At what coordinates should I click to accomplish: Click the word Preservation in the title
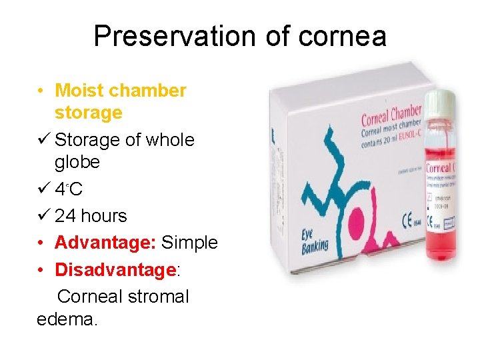tap(173, 35)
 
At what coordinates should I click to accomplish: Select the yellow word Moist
tap(79, 90)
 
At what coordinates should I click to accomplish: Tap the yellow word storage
tap(88, 113)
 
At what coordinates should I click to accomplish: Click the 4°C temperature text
tap(69, 190)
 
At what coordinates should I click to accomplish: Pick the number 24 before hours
tap(65, 216)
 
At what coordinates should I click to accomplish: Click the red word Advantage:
tap(105, 243)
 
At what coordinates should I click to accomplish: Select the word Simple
tap(189, 243)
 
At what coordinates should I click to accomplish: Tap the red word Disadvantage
tap(114, 270)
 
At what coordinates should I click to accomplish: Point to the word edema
tap(67, 319)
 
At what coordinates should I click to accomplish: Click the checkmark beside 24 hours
tap(42, 216)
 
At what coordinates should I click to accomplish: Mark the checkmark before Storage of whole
tap(42, 140)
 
